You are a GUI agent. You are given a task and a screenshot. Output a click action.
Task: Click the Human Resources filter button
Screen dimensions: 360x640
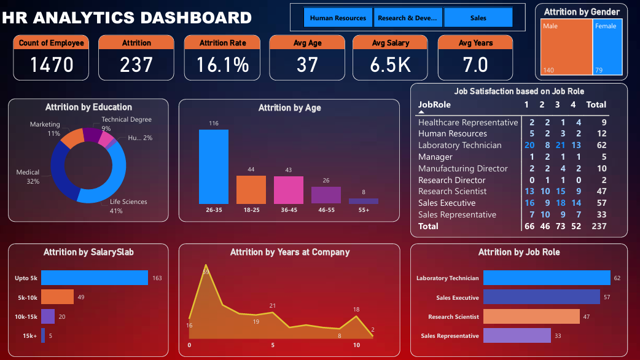pos(338,18)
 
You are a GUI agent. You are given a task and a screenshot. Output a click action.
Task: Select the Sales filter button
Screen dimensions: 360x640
pos(478,18)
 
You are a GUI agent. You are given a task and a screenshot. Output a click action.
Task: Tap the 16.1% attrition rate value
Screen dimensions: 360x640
pos(222,65)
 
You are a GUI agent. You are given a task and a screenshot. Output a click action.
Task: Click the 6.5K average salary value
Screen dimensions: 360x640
pos(390,65)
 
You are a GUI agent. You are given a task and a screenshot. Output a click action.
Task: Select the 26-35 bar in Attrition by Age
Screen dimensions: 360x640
pos(214,166)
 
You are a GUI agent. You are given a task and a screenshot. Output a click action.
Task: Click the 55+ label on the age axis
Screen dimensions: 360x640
pos(364,210)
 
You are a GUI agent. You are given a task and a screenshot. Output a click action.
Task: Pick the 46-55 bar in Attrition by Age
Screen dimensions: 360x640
pos(326,195)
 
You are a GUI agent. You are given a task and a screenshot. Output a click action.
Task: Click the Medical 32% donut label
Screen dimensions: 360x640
pos(28,177)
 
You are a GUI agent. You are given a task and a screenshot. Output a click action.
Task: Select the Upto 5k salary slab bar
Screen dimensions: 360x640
pos(95,278)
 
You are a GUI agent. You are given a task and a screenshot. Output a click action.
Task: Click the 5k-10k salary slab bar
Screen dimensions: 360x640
pos(57,297)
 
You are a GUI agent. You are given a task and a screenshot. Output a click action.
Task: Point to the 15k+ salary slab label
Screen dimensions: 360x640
pos(29,335)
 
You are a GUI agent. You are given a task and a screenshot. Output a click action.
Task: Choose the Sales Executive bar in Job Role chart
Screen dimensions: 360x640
pos(541,297)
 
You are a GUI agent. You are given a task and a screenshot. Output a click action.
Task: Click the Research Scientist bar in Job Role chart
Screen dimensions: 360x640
pos(531,316)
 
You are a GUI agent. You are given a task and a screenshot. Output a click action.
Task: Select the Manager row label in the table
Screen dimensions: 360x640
pos(435,157)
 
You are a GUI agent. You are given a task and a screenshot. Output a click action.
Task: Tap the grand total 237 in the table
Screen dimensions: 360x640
pos(598,226)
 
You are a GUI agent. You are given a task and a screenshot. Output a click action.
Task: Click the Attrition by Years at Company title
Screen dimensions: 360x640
pos(290,252)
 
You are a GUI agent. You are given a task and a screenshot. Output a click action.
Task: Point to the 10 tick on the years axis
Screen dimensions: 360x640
pos(356,345)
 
